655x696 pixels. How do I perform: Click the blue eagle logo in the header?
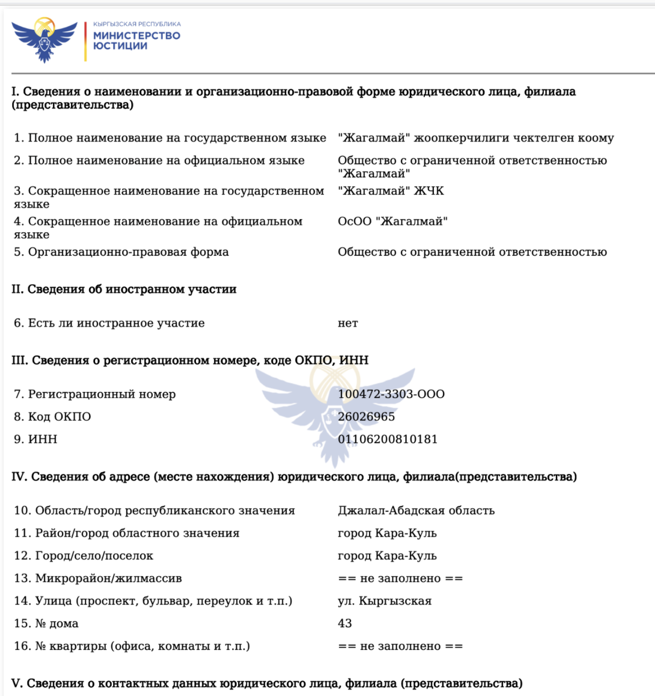point(44,40)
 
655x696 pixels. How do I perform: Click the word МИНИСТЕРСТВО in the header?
point(137,35)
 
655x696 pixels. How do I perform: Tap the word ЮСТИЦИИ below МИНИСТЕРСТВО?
point(120,46)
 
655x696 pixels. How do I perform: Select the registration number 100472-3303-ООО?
point(391,394)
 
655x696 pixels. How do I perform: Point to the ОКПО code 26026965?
point(366,417)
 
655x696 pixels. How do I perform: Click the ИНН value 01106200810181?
point(388,439)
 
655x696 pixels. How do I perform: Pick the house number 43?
point(345,624)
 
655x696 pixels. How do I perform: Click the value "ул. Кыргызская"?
point(384,601)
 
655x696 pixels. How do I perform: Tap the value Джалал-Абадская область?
point(416,510)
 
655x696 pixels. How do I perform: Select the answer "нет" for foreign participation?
point(348,323)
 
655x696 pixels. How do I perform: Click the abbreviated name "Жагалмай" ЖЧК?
point(391,191)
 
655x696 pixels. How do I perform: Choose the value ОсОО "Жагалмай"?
point(393,221)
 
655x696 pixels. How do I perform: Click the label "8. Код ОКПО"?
point(52,417)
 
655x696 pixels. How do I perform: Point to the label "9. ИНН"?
point(36,439)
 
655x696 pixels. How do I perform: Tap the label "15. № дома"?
point(46,624)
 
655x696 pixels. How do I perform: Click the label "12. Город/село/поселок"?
point(84,556)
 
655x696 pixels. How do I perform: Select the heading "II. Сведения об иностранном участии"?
point(124,289)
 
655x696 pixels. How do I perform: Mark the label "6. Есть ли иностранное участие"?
point(109,323)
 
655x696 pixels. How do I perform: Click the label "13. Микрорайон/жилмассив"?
point(98,578)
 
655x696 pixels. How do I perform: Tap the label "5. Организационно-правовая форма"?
point(121,252)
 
